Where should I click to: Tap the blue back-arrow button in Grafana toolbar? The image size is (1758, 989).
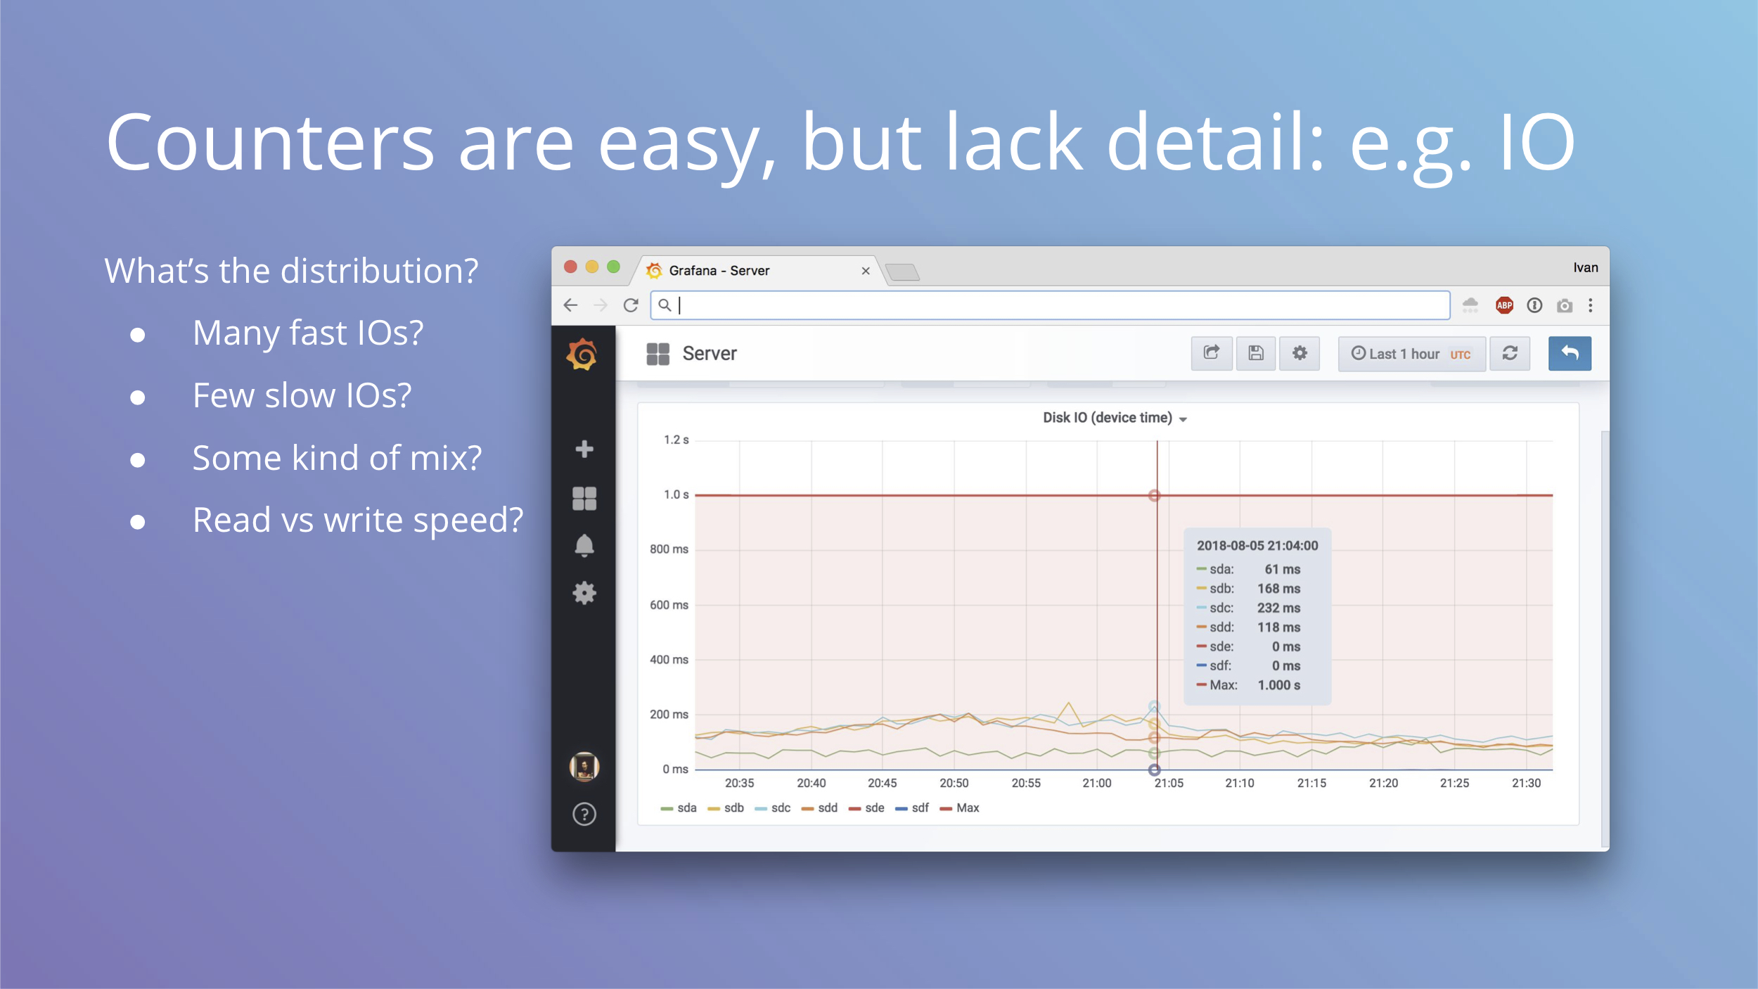tap(1570, 353)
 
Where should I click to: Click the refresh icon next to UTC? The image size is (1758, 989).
tap(1510, 353)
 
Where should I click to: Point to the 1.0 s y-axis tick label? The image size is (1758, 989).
tap(676, 494)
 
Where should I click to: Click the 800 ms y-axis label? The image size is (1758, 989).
tap(669, 549)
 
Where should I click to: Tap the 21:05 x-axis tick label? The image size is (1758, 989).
tap(1169, 783)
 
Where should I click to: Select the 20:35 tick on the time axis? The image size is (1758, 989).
tap(739, 783)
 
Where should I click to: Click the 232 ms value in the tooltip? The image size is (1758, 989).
tap(1278, 608)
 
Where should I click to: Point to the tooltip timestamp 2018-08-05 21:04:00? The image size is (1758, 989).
tap(1257, 545)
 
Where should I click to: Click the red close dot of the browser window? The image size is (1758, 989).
tap(570, 267)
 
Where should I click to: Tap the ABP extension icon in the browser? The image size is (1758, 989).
tap(1504, 305)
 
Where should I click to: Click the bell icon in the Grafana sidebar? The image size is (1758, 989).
tap(584, 545)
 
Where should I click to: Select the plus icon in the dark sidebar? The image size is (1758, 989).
tap(584, 449)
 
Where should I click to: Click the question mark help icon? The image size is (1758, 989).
tap(584, 814)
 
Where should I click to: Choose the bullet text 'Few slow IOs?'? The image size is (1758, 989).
tap(302, 395)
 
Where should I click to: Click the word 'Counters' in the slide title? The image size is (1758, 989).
tap(270, 143)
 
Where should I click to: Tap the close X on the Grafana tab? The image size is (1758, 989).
tap(866, 271)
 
